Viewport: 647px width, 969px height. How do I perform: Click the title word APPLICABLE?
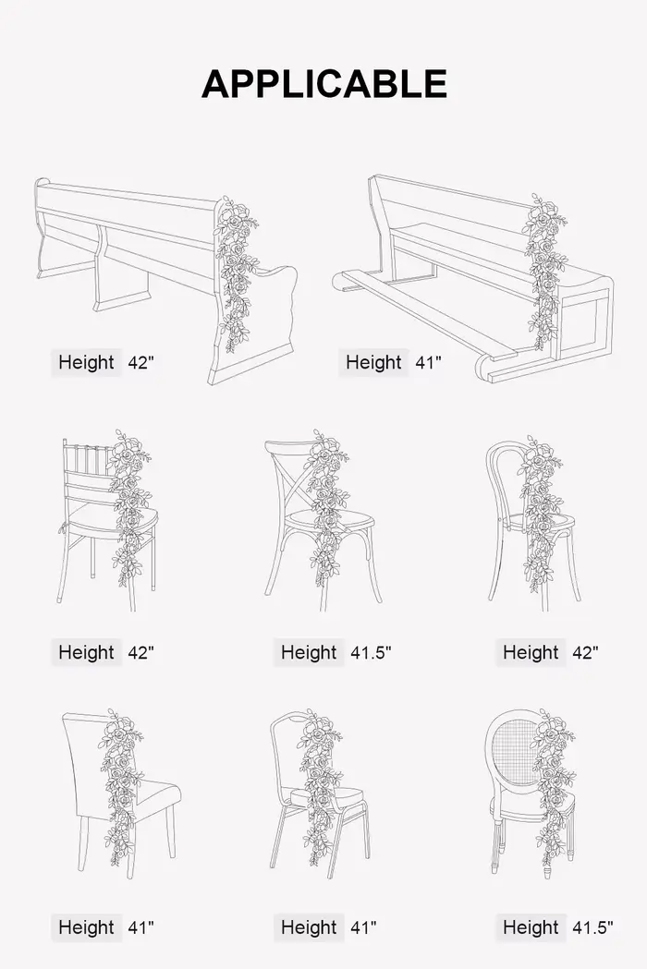(324, 84)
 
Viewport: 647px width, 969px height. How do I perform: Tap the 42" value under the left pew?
(140, 362)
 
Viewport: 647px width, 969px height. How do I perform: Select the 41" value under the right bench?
(428, 362)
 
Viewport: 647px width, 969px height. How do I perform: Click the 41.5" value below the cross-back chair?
(371, 652)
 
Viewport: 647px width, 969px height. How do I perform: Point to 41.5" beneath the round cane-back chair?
(592, 927)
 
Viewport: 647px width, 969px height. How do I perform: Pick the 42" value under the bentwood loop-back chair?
(585, 652)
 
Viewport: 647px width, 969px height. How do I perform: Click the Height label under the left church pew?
(86, 362)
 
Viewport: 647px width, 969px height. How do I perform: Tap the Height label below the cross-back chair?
(309, 652)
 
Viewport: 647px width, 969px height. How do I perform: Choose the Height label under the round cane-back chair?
(531, 927)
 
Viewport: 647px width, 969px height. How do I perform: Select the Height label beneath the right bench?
(373, 362)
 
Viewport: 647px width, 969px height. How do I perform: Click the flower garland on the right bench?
(545, 271)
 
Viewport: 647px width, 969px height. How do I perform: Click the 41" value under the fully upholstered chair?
(140, 927)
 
